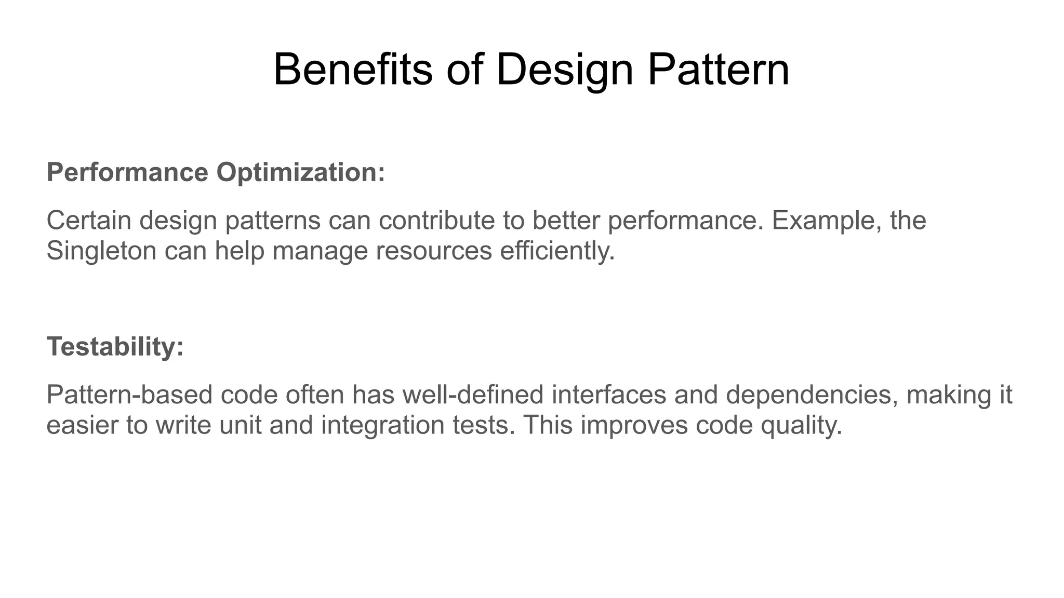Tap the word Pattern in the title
click(x=719, y=70)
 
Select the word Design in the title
click(x=564, y=70)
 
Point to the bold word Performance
click(x=127, y=172)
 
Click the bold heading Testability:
click(x=115, y=346)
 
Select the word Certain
click(x=88, y=220)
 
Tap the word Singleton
click(x=101, y=251)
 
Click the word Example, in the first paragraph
click(x=827, y=220)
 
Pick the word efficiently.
click(x=557, y=251)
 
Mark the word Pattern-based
click(x=129, y=395)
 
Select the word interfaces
click(x=608, y=395)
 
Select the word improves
click(x=634, y=425)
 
